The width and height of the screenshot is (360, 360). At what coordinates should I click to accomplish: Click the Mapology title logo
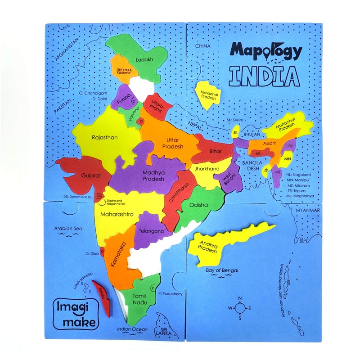[x=265, y=51]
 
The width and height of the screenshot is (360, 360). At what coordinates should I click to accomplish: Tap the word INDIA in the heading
[x=263, y=76]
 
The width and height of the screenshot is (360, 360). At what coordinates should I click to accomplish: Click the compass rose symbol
[x=240, y=308]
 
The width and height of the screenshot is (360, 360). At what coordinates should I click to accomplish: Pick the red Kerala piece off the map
[x=103, y=297]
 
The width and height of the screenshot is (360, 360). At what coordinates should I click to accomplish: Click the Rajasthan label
[x=104, y=138]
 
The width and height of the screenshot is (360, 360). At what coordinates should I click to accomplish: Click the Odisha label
[x=198, y=205]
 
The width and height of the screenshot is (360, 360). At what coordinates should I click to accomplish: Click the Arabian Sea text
[x=68, y=228]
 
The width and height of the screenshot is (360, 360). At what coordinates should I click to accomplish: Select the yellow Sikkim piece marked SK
[x=235, y=133]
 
